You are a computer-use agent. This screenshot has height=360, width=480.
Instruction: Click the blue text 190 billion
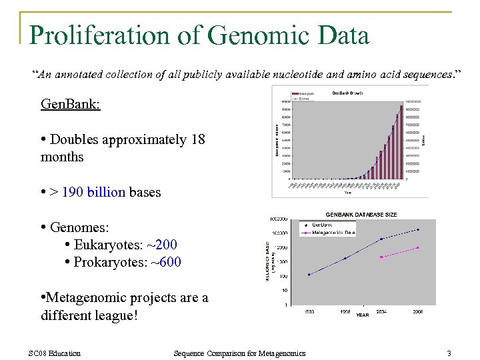[x=93, y=192]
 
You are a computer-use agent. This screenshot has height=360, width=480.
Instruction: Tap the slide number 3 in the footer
[x=449, y=353]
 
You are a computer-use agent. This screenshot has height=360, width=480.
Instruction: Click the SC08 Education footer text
[x=55, y=353]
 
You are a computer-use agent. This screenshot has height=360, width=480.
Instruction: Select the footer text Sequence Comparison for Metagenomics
[x=239, y=353]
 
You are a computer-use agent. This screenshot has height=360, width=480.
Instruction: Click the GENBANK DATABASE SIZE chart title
[x=361, y=214]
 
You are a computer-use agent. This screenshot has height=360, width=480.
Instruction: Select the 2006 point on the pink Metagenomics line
[x=418, y=248]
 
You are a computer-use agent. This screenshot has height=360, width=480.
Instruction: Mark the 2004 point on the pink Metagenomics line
[x=381, y=257]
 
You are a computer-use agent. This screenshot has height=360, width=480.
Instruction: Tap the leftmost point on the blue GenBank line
[x=309, y=274]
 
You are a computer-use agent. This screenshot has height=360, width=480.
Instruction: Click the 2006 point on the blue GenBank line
[x=418, y=229]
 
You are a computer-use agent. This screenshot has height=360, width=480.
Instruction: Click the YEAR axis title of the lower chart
[x=362, y=314]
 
